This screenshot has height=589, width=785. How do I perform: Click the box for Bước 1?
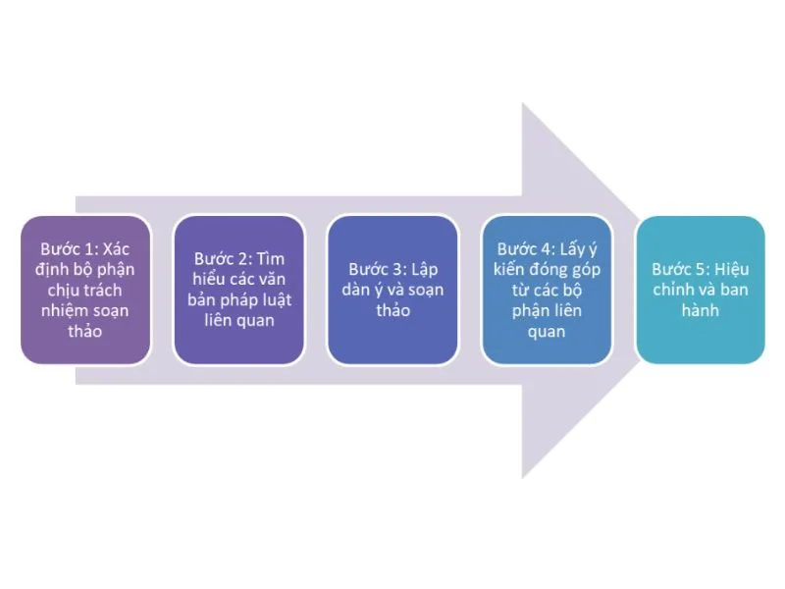click(x=86, y=289)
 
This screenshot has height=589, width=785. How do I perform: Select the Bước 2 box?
click(x=239, y=289)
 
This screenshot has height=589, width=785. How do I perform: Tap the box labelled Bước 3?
click(x=392, y=289)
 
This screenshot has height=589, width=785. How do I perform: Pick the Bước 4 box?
click(x=547, y=289)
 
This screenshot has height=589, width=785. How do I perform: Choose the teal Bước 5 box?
click(x=700, y=289)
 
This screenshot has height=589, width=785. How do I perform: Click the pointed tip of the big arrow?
click(x=642, y=289)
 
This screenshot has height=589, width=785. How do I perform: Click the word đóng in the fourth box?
click(x=550, y=269)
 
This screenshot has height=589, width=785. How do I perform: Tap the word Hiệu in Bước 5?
click(x=731, y=269)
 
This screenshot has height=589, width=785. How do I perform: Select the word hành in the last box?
click(x=700, y=310)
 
